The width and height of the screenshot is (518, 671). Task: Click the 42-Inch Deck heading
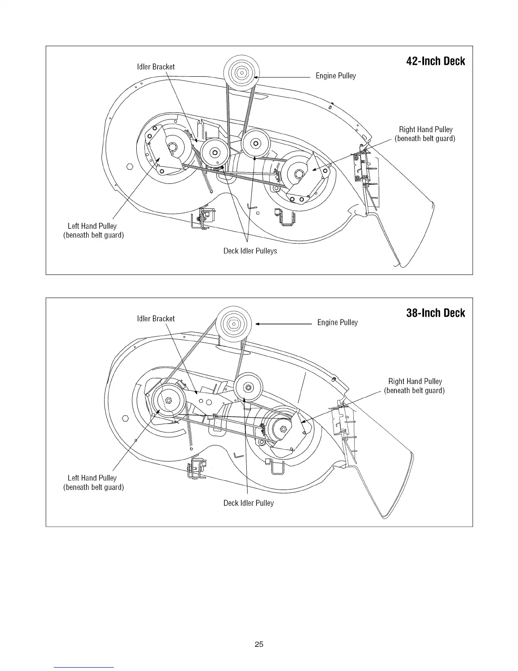click(x=435, y=61)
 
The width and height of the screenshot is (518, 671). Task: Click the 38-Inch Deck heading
click(x=435, y=313)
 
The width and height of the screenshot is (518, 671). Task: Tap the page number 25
click(x=259, y=644)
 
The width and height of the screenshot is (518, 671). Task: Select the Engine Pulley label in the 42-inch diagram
click(x=336, y=76)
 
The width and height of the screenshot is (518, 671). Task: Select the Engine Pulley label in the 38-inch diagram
click(x=337, y=323)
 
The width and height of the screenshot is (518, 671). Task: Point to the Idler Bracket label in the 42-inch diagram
click(x=156, y=67)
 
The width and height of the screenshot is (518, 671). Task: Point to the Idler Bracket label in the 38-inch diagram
click(x=156, y=319)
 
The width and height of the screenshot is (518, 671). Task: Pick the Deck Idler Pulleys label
click(x=250, y=251)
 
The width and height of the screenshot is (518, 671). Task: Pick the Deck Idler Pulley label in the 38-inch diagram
click(x=248, y=503)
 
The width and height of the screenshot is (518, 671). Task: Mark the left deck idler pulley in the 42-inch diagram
click(x=215, y=152)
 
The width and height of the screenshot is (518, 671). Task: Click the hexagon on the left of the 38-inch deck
click(x=125, y=419)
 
